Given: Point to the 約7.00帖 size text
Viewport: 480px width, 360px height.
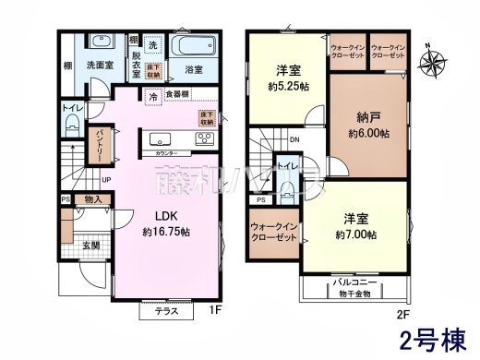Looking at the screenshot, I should point(356,235).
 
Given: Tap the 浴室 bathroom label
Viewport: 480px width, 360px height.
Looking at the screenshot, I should point(194,68).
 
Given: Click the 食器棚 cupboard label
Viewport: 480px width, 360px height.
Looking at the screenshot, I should point(179,94).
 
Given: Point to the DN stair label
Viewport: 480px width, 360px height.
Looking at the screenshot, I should point(294,140).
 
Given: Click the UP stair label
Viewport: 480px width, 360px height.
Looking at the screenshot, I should point(105,180).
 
